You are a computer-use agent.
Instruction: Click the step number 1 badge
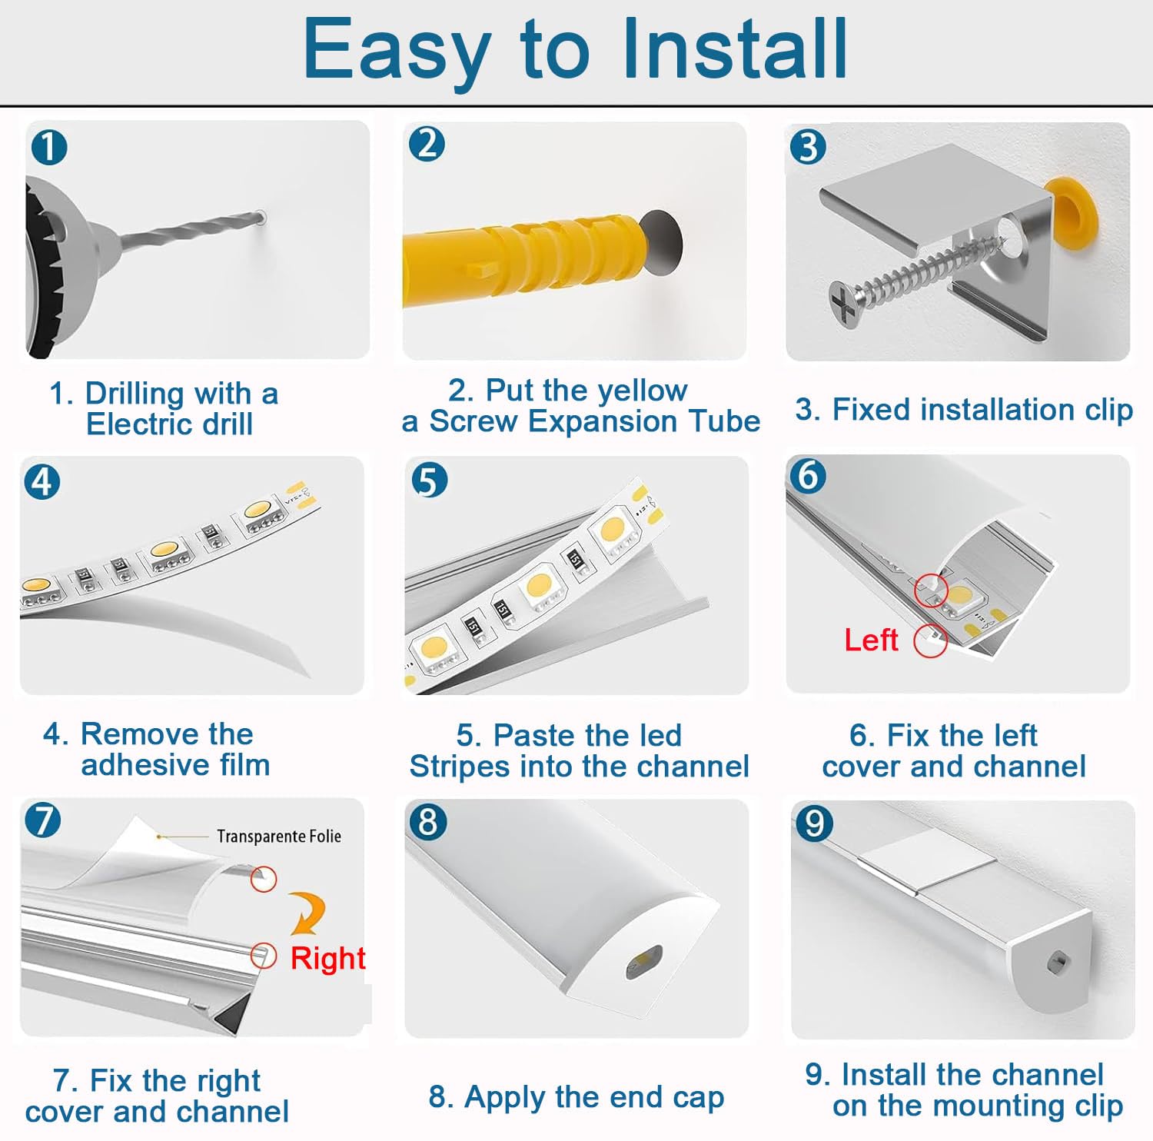point(49,147)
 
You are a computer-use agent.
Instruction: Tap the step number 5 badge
point(429,481)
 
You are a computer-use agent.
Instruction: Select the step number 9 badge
point(815,823)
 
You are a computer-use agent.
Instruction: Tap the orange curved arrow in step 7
point(307,912)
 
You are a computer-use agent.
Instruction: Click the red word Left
point(871,640)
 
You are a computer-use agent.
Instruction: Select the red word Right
point(327,958)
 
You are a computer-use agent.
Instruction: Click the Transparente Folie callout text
point(279,836)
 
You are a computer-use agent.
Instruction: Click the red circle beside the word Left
point(930,640)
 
